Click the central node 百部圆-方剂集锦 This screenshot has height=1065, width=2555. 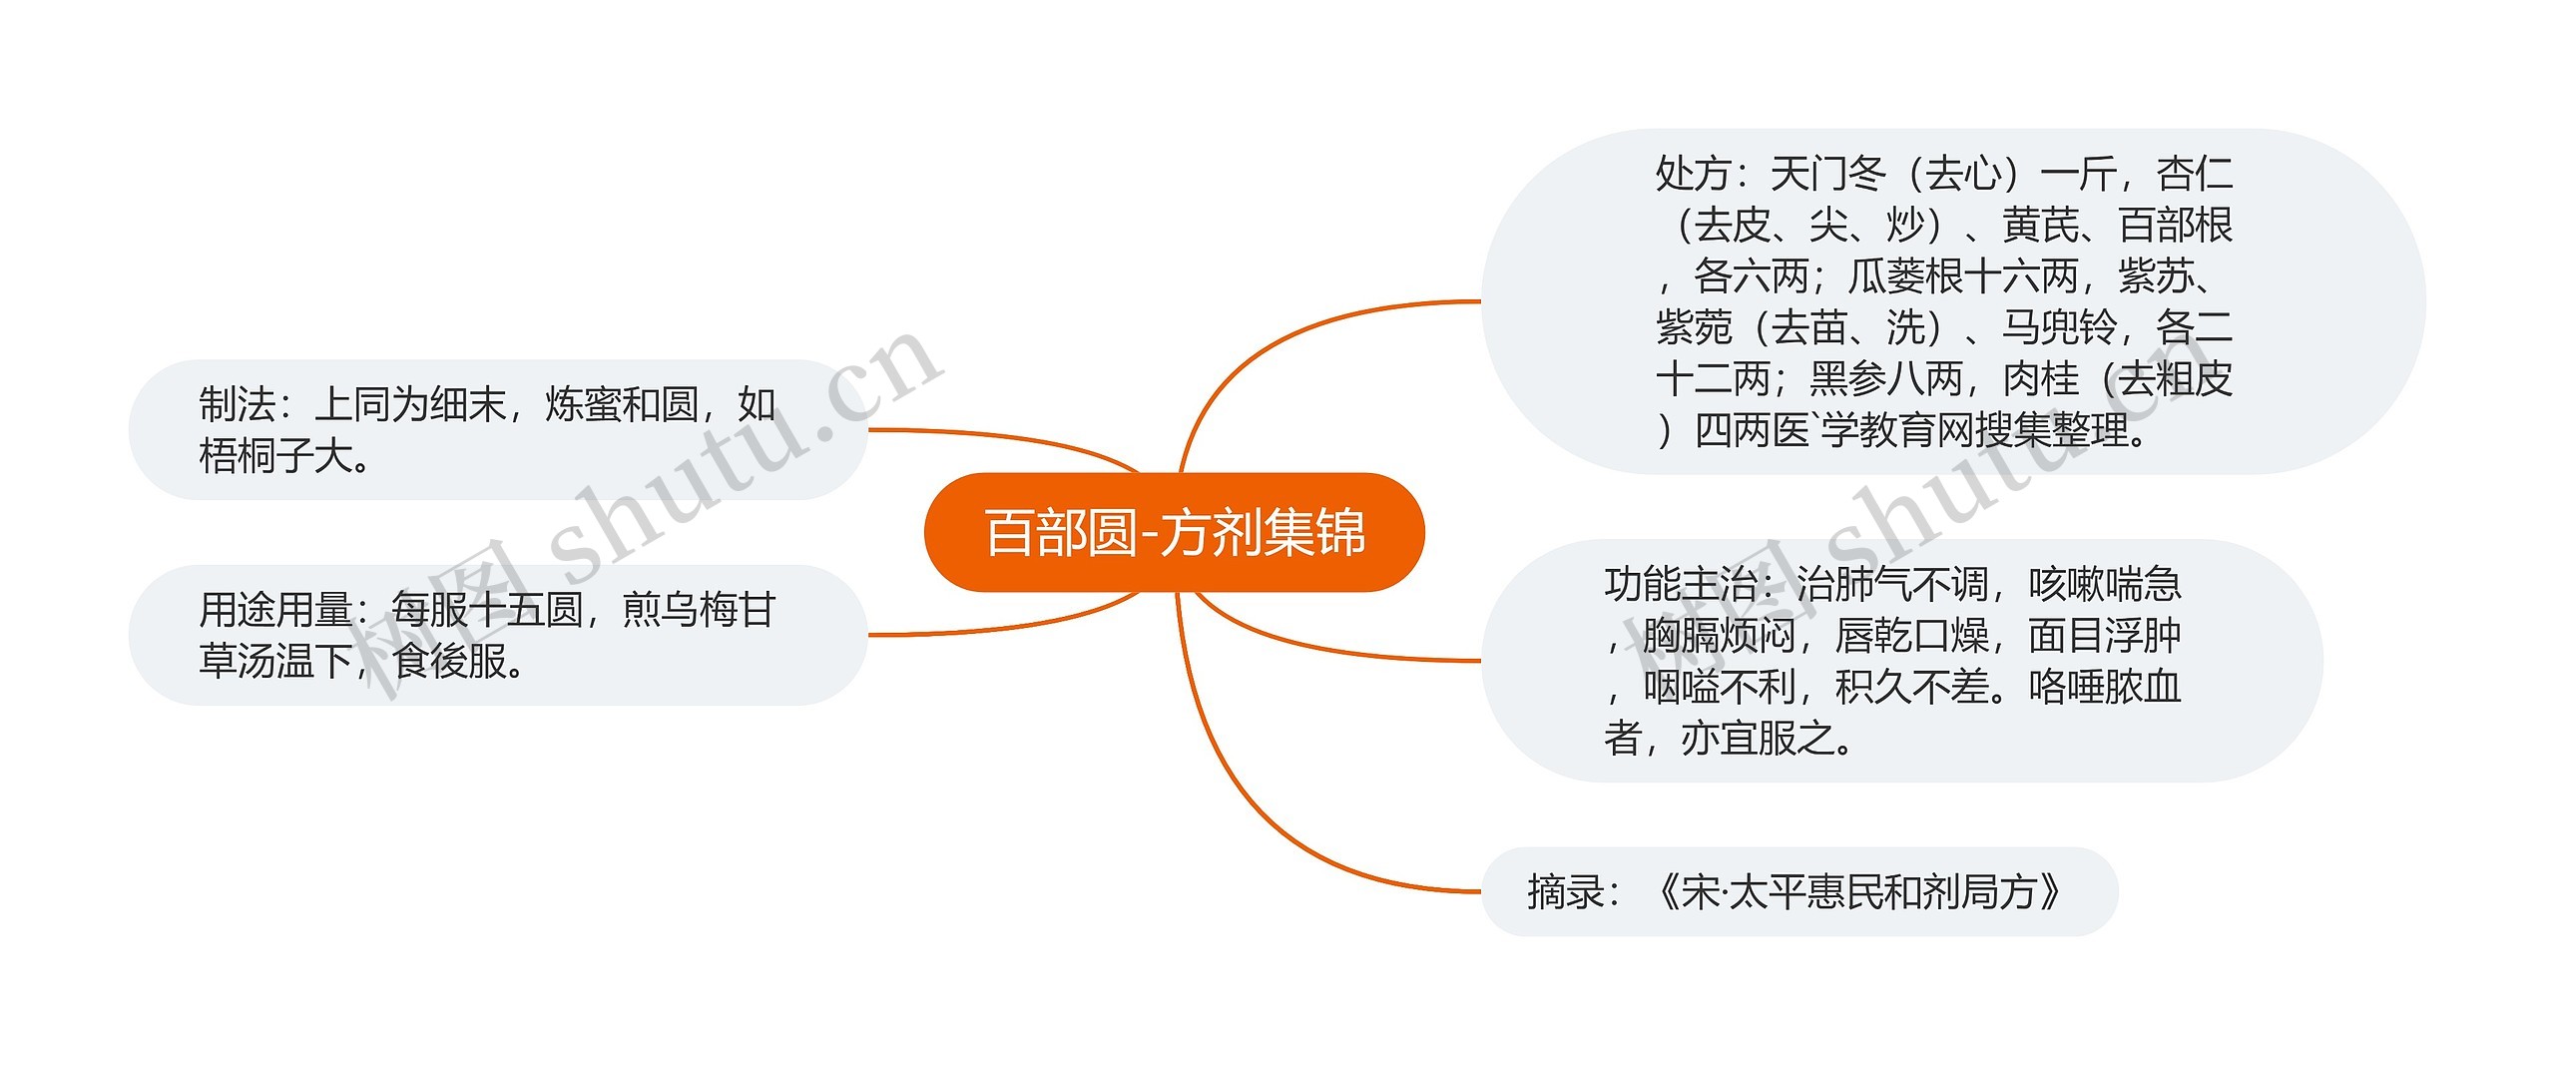(x=1174, y=532)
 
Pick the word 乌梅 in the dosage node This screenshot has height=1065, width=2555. (x=679, y=609)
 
